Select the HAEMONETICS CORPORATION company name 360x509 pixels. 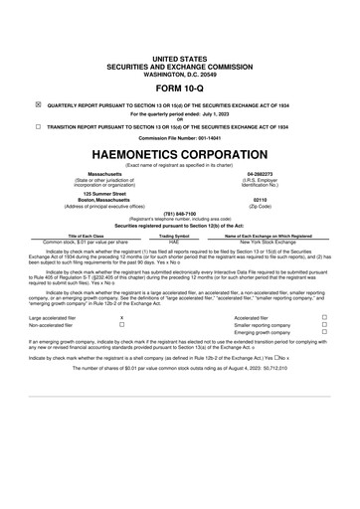click(x=179, y=157)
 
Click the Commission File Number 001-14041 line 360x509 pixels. click(x=179, y=138)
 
